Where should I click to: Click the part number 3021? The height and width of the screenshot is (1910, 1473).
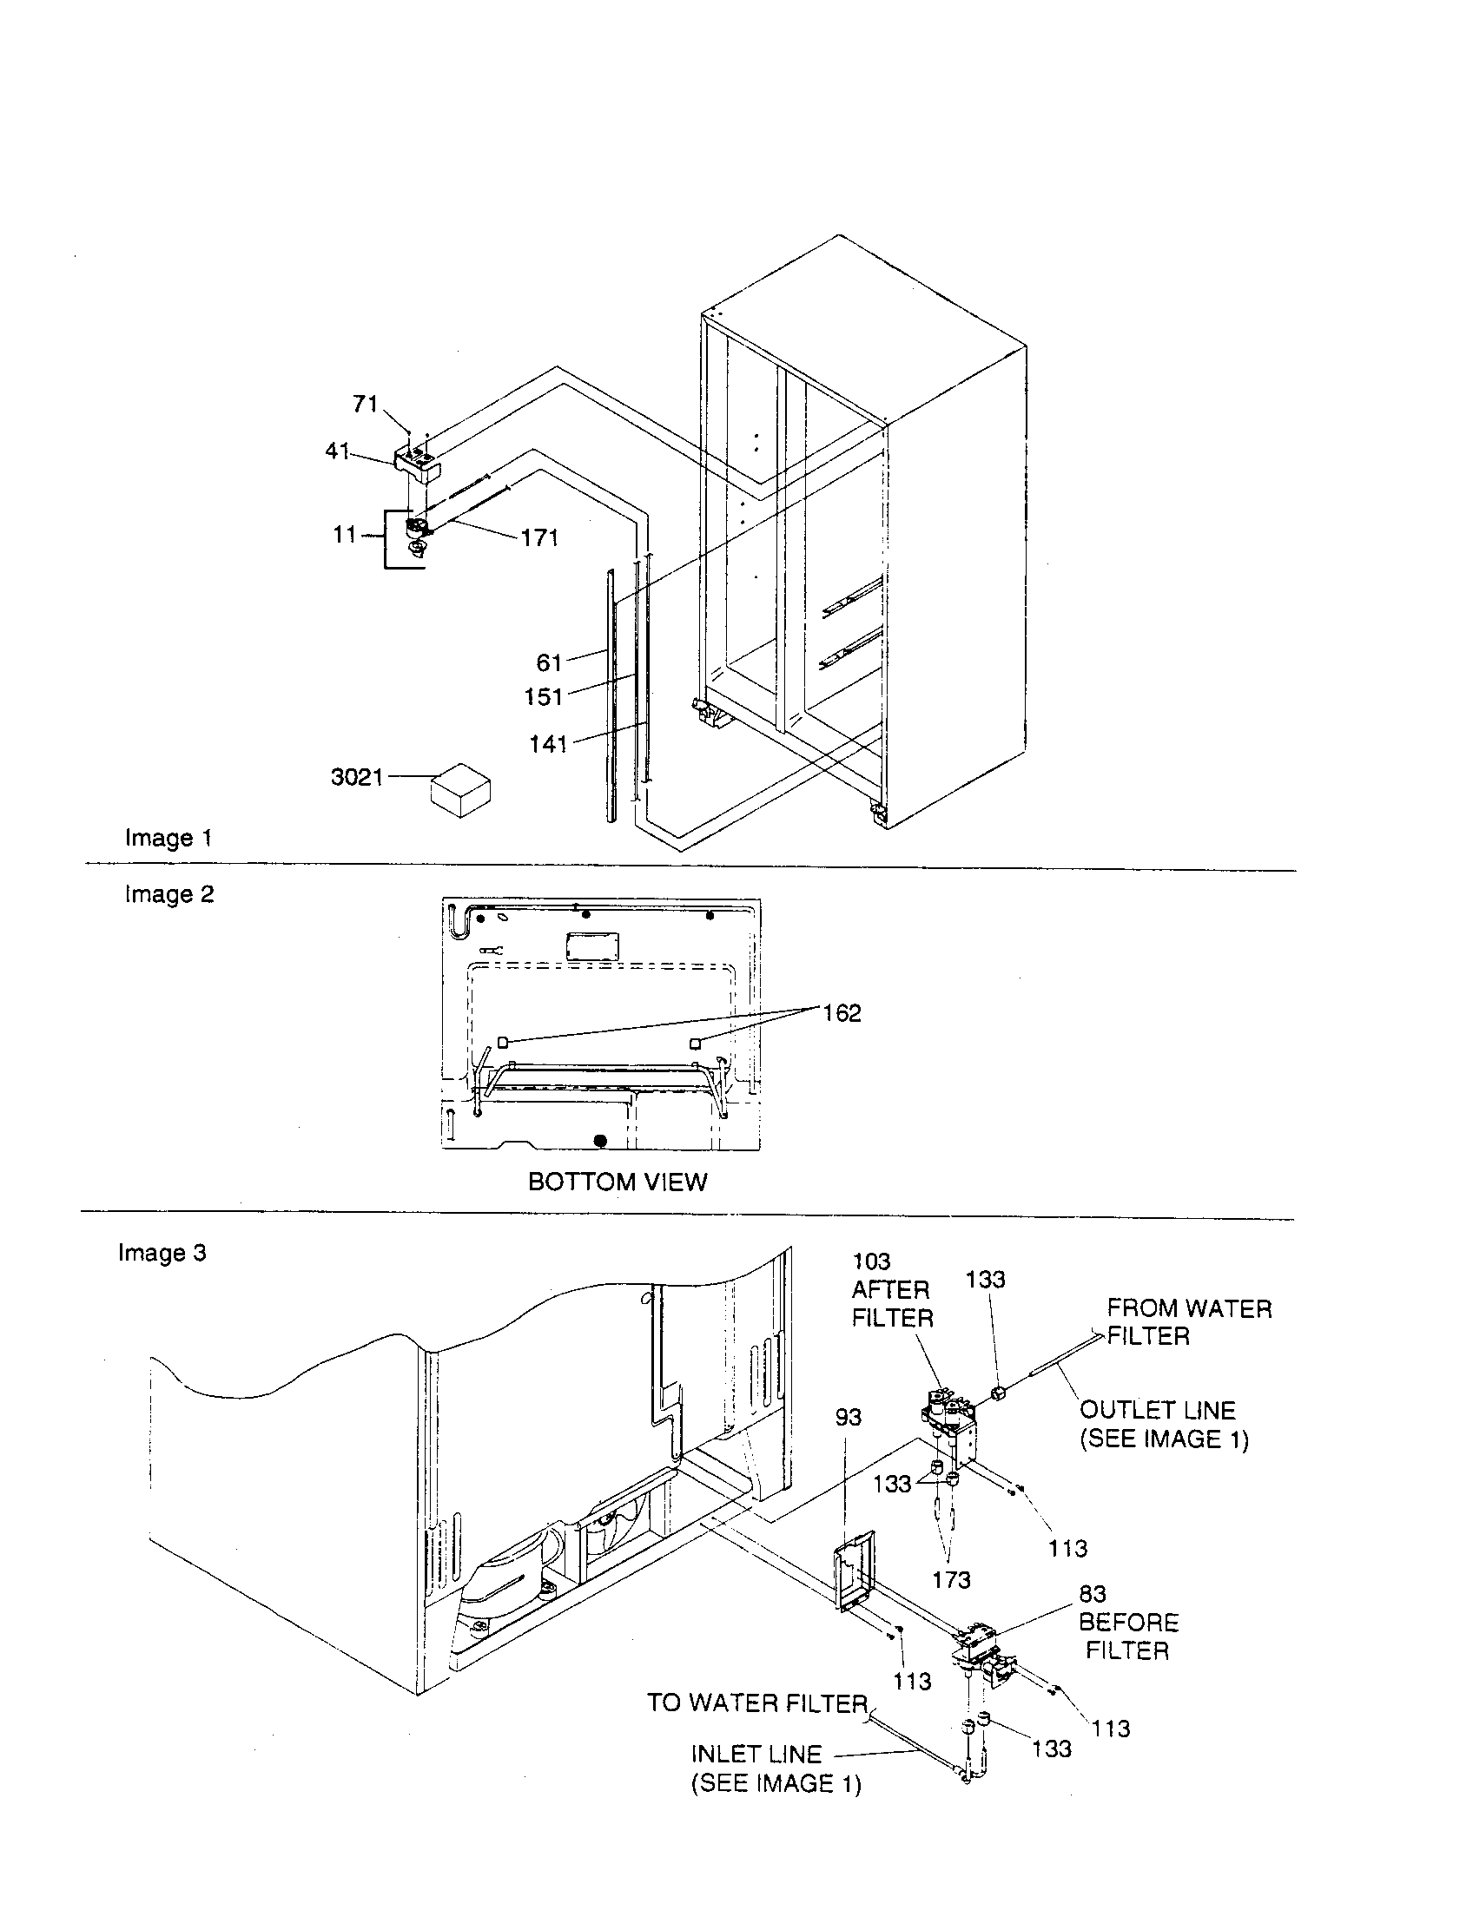(x=357, y=777)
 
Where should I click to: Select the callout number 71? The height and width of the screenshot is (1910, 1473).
(x=365, y=404)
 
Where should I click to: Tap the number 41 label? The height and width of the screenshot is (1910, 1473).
(x=338, y=451)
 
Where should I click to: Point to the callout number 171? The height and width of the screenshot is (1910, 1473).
(x=539, y=538)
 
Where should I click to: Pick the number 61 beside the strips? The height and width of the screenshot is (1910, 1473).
(x=549, y=663)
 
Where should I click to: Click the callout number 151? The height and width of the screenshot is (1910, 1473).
(x=543, y=697)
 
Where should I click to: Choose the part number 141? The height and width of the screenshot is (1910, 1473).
(x=548, y=744)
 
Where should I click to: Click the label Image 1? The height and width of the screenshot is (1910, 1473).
(x=168, y=838)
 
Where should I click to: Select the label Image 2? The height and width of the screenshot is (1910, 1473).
(x=168, y=894)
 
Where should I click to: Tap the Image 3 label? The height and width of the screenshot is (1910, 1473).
(x=162, y=1253)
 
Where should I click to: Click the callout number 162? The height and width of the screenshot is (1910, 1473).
(x=842, y=1013)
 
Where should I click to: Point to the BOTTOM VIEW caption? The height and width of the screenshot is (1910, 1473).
(x=618, y=1182)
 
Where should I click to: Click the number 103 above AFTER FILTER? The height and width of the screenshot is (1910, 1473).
(x=871, y=1262)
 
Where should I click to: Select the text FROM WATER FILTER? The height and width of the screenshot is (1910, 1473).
(x=1188, y=1322)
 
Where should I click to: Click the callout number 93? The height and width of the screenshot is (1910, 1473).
(x=848, y=1418)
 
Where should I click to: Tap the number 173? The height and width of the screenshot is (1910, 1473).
(x=951, y=1580)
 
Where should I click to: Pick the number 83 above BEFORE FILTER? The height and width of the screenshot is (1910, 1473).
(x=1093, y=1594)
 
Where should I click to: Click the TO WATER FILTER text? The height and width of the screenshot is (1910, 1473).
(x=756, y=1703)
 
